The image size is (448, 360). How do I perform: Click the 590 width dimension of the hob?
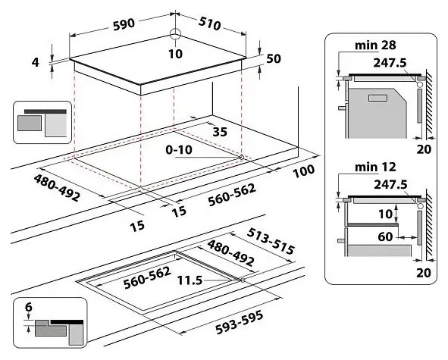click(124, 23)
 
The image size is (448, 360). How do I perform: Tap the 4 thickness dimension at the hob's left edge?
click(35, 62)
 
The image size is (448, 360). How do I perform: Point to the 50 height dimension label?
click(274, 59)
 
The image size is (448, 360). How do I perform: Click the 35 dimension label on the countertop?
click(220, 131)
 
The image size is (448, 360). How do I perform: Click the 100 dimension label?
click(302, 171)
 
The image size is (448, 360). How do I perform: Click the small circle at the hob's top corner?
click(175, 33)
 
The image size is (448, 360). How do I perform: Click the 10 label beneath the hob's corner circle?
click(175, 53)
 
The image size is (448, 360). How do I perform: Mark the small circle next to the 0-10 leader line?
click(241, 157)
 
